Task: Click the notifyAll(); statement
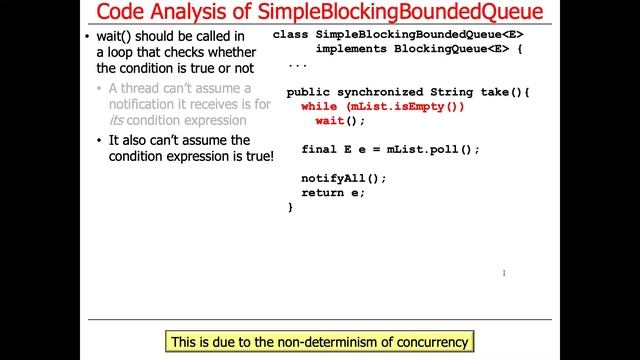click(x=343, y=178)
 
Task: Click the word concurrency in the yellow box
click(x=429, y=342)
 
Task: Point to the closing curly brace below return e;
click(x=290, y=207)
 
